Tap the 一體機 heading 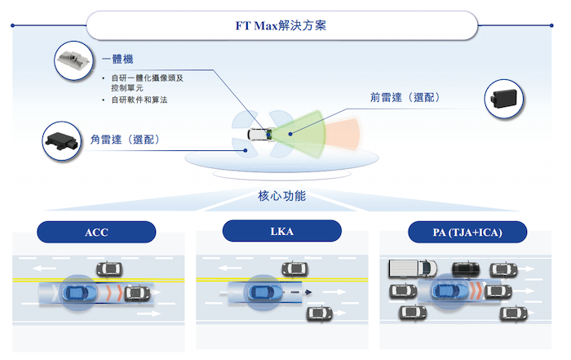coord(117,60)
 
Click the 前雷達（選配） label coord(405,96)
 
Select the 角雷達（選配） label coord(125,140)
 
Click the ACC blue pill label coord(96,232)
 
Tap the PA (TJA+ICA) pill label coord(467,232)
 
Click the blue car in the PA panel coord(449,291)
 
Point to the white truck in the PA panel coord(409,268)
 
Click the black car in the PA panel coord(466,268)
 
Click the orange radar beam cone coord(343,131)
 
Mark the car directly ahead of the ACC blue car coord(137,292)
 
